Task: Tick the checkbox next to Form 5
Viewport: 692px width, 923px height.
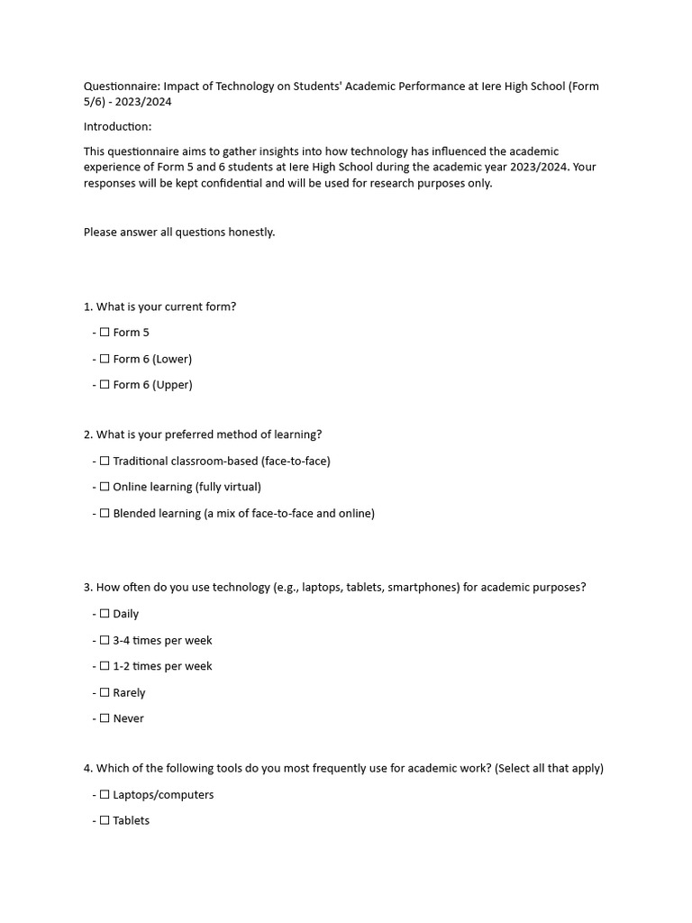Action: (105, 333)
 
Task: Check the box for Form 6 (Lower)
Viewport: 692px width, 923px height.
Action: (105, 359)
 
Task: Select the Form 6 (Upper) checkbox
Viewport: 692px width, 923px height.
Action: (105, 385)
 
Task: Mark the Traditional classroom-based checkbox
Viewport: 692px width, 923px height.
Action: (105, 461)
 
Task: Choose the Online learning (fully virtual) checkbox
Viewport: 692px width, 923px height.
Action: (105, 487)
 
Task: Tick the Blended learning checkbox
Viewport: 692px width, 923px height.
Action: (105, 514)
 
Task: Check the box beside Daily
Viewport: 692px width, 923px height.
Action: (105, 614)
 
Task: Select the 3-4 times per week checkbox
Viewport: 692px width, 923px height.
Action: (105, 640)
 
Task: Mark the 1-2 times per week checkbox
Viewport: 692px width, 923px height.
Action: (105, 666)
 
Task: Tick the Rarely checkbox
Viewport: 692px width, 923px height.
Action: (105, 693)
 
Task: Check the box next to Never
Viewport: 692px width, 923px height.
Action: (105, 718)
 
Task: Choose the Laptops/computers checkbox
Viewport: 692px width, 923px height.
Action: (105, 795)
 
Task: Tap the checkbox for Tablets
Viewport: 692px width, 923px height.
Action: (105, 820)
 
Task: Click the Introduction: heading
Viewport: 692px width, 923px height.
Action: (118, 127)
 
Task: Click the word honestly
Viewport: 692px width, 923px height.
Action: (251, 233)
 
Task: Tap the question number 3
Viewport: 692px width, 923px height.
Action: (87, 588)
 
